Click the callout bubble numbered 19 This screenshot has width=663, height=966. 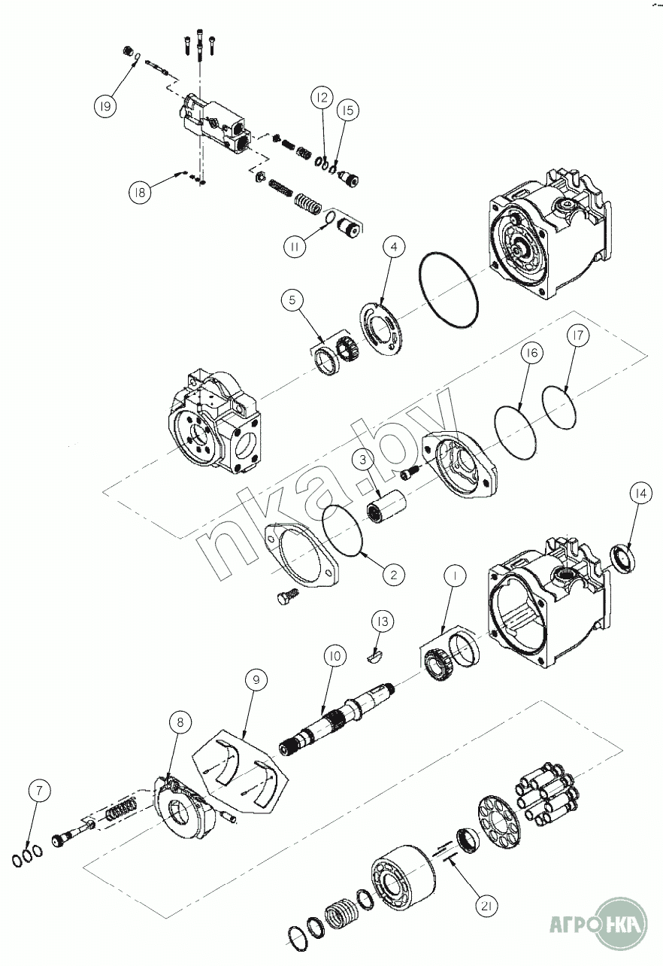105,106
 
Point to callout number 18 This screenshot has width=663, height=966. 140,193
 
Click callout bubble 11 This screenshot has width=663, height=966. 295,247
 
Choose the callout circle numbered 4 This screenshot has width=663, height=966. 393,247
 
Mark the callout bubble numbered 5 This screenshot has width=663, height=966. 293,300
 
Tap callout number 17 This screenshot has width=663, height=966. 578,335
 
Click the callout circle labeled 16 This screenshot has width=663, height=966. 532,353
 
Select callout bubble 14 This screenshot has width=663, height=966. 640,494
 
